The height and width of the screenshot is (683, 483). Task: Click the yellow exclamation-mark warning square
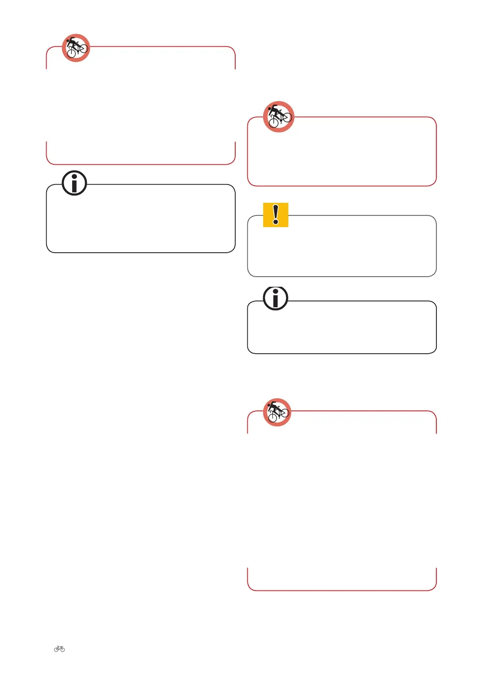276,215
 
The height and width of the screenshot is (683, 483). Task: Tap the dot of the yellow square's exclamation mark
276,222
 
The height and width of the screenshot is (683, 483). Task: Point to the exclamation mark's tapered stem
276,212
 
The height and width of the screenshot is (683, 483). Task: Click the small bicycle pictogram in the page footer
59,649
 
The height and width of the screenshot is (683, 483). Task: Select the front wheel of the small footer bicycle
62,650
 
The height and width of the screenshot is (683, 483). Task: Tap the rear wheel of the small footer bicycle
56,650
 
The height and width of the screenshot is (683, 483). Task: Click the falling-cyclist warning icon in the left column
76,48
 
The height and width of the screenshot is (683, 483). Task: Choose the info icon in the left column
74,183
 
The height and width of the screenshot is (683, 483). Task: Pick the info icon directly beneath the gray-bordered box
276,299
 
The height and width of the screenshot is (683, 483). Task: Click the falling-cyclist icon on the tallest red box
277,412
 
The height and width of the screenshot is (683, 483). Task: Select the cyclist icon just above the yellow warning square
279,116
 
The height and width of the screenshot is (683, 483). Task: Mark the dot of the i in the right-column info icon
276,292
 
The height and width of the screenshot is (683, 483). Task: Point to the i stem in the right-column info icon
276,301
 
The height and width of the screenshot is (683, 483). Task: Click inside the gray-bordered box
341,249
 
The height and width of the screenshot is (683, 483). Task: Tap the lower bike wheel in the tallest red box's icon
273,418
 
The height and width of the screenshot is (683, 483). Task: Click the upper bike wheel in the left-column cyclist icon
84,48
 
